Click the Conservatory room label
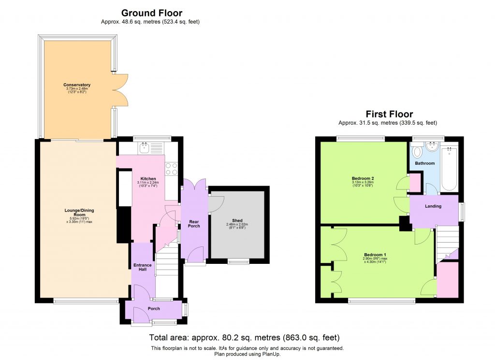[x=77, y=85]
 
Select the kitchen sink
[x=144, y=148]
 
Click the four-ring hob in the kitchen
[x=172, y=169]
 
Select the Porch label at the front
[x=154, y=308]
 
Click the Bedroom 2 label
[x=363, y=178]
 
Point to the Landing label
[x=433, y=206]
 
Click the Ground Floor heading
[x=151, y=13]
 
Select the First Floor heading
[x=389, y=114]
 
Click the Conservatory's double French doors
[x=122, y=90]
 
